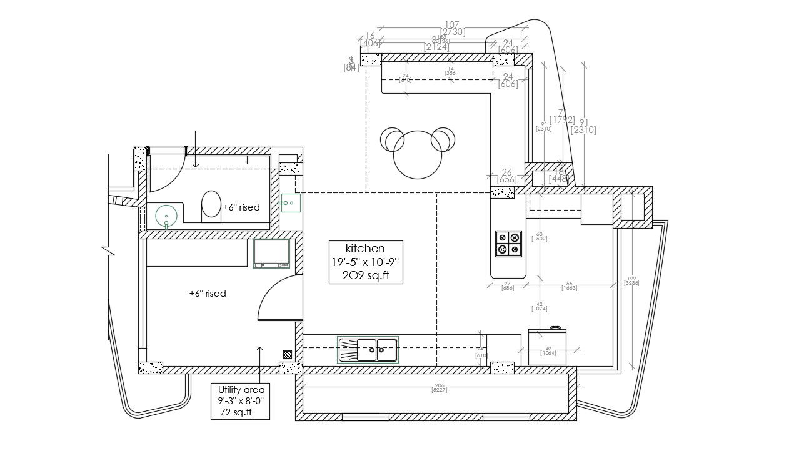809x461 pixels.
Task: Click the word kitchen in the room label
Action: click(x=366, y=248)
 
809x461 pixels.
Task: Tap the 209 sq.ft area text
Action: click(x=366, y=275)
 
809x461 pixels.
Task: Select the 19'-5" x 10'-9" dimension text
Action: click(x=366, y=262)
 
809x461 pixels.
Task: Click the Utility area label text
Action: click(x=241, y=389)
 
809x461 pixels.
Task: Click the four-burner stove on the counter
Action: click(x=508, y=244)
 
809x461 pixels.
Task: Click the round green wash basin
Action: click(x=166, y=216)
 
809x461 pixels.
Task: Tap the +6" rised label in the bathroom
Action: click(x=241, y=207)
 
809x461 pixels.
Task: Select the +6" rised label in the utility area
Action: click(x=207, y=293)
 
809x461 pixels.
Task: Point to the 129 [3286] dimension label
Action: click(x=631, y=281)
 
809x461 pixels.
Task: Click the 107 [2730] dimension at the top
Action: click(x=452, y=28)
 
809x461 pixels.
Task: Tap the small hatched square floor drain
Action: click(x=288, y=354)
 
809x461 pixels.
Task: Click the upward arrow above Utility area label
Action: click(x=260, y=353)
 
